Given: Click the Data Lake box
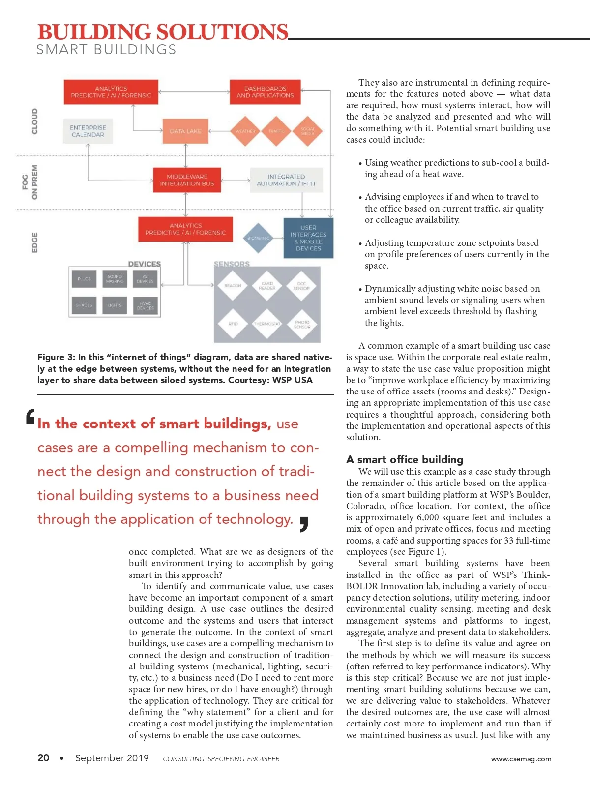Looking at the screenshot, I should pos(185,131).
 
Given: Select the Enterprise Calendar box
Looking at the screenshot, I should pos(88,131).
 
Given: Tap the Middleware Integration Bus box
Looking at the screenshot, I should pos(187,180).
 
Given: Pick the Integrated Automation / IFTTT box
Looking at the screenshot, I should pos(286,180).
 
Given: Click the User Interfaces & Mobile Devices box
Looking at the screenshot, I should pos(308,239).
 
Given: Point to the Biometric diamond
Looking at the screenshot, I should pos(258,238).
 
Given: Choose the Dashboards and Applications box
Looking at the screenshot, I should pos(265,92).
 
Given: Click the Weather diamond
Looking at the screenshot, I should pos(245,131).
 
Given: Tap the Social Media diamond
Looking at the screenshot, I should pos(307,131).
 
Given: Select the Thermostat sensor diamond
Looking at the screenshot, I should pos(267,324).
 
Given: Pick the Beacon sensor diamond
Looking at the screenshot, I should pos(233,285).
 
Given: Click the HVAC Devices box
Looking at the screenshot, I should pos(145,305).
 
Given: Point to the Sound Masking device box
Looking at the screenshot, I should pos(115,279).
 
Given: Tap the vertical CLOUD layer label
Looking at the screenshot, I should pos(34,121).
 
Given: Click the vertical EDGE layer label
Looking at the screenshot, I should pos(34,242).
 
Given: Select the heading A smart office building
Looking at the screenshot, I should pos(405,460).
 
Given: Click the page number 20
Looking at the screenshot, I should pos(43,758).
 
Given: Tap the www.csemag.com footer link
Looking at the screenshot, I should pos(521,759).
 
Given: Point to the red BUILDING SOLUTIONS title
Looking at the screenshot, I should pos(163,32).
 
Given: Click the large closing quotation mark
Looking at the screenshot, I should pos(304,524).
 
